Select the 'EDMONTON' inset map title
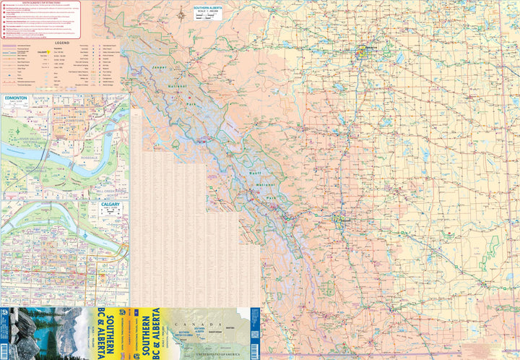15,98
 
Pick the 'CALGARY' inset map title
109,205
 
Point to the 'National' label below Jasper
175,87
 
